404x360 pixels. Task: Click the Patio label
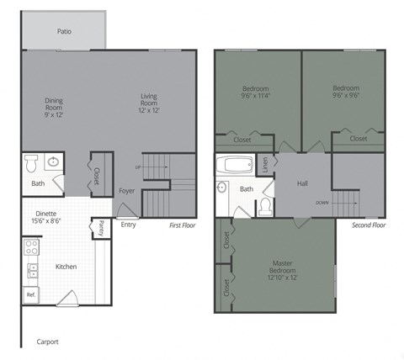coord(64,31)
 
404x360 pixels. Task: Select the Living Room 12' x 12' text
coord(149,103)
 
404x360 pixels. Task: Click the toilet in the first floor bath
coord(31,161)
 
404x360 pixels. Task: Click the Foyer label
coord(126,191)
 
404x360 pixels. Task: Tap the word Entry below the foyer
coord(128,225)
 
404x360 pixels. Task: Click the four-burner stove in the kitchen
coord(31,247)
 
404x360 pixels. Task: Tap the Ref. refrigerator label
coord(30,295)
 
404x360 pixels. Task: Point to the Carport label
coord(48,342)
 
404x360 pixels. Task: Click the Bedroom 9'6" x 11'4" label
coord(257,92)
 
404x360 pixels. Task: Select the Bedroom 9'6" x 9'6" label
coord(345,92)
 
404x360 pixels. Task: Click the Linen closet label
coord(265,165)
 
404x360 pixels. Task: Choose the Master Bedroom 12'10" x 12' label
coord(281,268)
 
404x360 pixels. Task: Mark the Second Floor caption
coord(368,225)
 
